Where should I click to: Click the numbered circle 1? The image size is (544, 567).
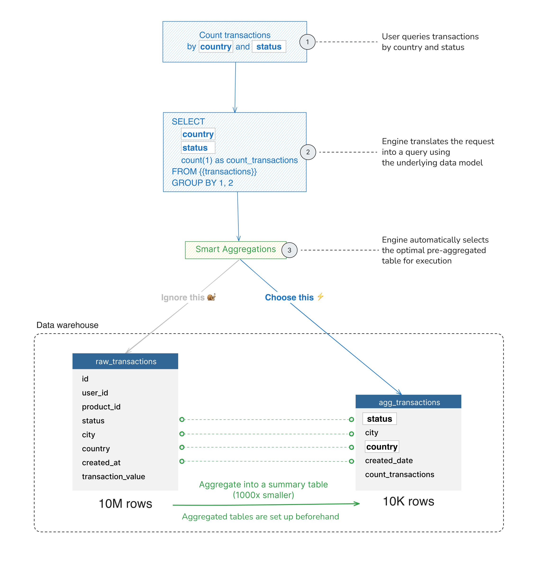307,42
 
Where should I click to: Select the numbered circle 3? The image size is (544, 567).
289,250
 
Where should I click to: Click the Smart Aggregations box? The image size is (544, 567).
235,249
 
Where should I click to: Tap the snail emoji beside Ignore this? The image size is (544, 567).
211,297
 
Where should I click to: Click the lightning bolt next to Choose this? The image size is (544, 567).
320,297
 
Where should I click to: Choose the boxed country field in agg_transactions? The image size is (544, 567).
381,447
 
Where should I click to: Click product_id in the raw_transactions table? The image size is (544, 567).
101,407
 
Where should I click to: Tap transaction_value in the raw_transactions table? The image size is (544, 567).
113,476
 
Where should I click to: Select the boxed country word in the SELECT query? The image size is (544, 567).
198,134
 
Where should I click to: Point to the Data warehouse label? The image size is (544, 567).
67,325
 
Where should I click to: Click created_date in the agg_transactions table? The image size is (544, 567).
389,461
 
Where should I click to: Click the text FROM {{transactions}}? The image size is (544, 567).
214,172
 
